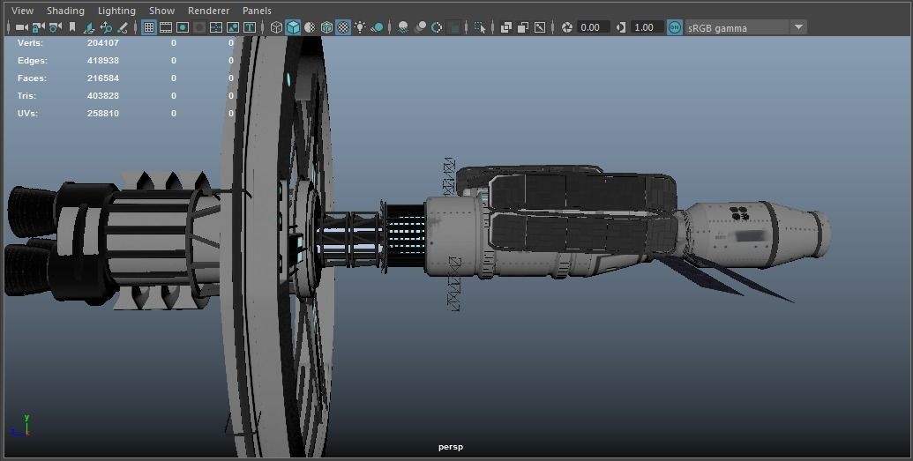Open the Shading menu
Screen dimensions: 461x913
(x=65, y=11)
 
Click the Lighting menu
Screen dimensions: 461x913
(x=116, y=11)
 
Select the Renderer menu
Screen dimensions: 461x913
(x=208, y=11)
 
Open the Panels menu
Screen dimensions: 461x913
(x=257, y=11)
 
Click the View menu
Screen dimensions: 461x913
(x=22, y=11)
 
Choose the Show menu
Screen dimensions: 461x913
(x=161, y=11)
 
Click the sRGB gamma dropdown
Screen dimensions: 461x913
(x=745, y=27)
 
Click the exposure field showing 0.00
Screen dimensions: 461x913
(x=589, y=27)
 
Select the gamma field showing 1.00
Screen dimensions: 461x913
(x=644, y=27)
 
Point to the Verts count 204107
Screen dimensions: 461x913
(x=102, y=42)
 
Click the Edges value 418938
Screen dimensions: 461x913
(x=102, y=61)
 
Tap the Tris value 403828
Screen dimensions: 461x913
(x=102, y=96)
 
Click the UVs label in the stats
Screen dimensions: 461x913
(x=27, y=114)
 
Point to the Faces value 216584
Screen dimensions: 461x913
(x=102, y=78)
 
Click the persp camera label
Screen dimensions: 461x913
(x=450, y=447)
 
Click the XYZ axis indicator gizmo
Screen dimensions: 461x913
(x=24, y=427)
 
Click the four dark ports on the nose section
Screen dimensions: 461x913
(x=739, y=212)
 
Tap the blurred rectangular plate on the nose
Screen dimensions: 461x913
(x=748, y=236)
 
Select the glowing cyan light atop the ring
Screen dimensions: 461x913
(x=288, y=79)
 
